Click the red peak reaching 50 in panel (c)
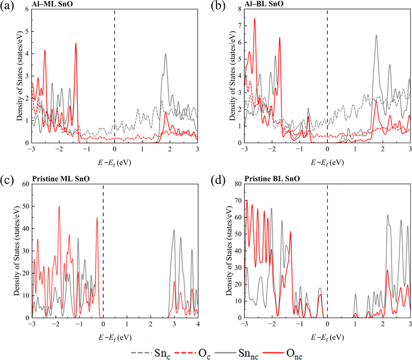coord(59,206)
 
